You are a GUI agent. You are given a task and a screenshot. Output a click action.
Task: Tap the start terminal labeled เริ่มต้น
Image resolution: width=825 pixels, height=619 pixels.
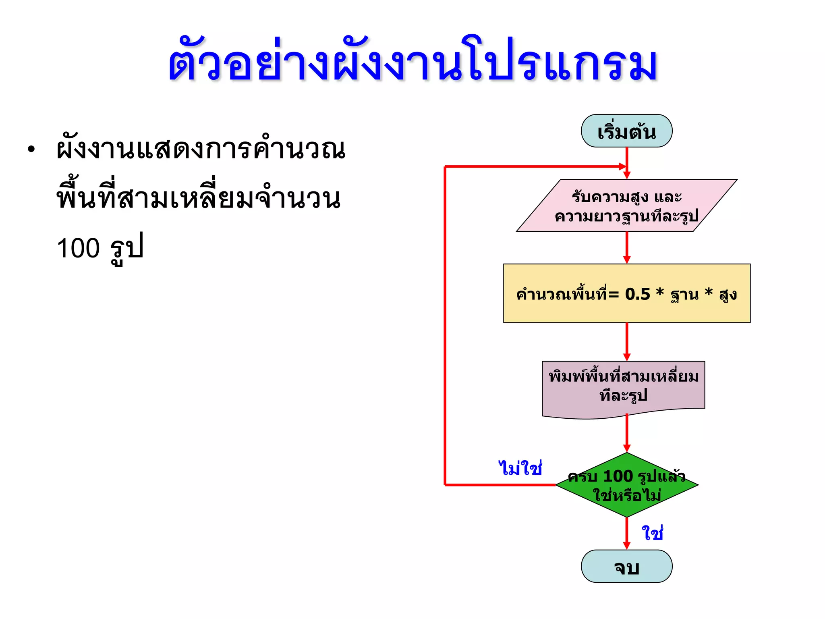click(626, 131)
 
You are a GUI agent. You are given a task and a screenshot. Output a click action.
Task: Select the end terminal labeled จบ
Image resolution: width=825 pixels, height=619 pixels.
click(626, 567)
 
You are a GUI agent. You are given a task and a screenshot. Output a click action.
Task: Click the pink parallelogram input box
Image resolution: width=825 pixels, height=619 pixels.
click(626, 206)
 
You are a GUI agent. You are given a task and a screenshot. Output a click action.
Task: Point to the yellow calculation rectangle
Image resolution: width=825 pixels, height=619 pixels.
click(626, 294)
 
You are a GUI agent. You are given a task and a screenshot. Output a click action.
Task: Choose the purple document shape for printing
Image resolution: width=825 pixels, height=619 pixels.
click(623, 387)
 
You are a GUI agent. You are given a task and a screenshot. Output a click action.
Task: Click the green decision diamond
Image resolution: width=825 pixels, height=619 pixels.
click(626, 485)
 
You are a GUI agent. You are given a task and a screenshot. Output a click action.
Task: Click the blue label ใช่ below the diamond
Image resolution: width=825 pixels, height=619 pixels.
click(652, 533)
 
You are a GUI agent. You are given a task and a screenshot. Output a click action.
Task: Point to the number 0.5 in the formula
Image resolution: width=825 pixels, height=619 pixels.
click(637, 294)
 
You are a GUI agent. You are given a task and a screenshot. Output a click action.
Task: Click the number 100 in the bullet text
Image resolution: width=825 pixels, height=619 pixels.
click(78, 248)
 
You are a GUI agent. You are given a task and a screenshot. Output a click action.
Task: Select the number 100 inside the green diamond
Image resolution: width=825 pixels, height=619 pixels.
click(618, 476)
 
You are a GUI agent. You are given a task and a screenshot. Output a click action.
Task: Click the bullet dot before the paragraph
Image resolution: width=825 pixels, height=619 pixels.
click(31, 150)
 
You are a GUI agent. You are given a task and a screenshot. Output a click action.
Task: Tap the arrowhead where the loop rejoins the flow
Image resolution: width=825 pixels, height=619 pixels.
click(622, 166)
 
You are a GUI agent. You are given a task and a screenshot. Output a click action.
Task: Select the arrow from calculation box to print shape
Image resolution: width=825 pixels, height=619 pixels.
click(626, 342)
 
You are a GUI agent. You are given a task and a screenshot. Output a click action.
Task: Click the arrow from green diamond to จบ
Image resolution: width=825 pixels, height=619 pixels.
click(626, 533)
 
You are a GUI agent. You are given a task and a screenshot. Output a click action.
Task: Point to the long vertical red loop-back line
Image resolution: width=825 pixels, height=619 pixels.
click(445, 322)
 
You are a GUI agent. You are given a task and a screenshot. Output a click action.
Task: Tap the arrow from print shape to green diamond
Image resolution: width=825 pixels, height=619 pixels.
click(626, 433)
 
